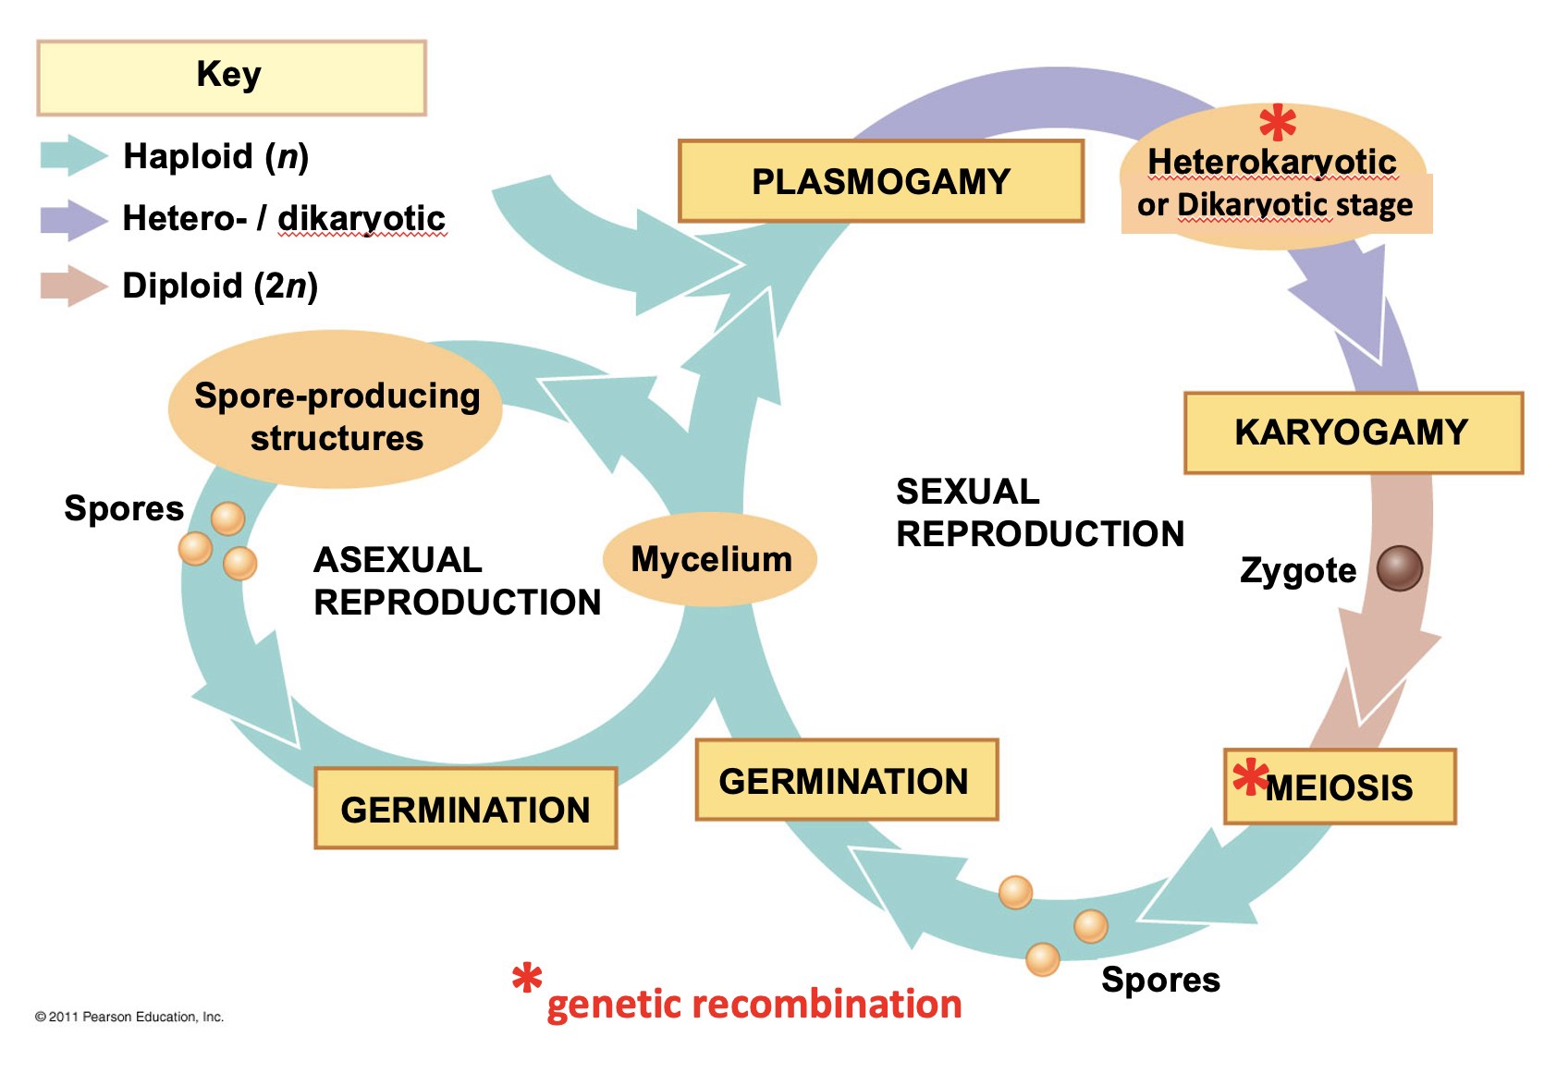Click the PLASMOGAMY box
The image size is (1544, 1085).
coord(880,181)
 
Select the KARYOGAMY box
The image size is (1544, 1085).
coord(1352,433)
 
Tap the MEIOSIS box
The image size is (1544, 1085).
coord(1339,787)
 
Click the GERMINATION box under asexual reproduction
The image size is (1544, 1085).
coord(465,809)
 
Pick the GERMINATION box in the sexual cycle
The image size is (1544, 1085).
coord(845,781)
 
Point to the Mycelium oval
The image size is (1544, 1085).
coord(710,559)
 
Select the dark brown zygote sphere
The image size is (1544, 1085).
coord(1399,567)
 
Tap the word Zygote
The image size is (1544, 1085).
coord(1298,570)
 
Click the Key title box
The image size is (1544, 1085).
coord(230,77)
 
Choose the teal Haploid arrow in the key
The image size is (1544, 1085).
coord(73,155)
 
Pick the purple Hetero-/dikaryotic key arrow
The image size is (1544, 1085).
coord(73,220)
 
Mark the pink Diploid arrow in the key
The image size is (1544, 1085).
coord(73,286)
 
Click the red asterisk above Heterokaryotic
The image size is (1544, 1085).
coord(1278,123)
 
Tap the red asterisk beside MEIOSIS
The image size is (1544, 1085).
coord(1250,777)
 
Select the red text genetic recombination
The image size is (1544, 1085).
coord(754,1004)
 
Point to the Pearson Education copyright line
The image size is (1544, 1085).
coord(129,1017)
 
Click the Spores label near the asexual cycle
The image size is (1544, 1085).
coord(124,508)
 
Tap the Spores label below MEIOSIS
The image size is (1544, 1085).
coord(1160,980)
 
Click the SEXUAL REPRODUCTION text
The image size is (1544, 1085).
coord(1039,513)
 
